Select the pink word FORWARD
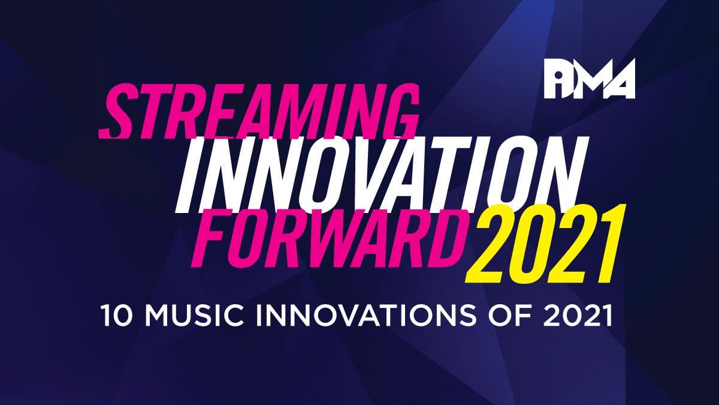[x=328, y=238]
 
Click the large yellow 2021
[x=542, y=244]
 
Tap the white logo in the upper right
[x=590, y=79]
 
